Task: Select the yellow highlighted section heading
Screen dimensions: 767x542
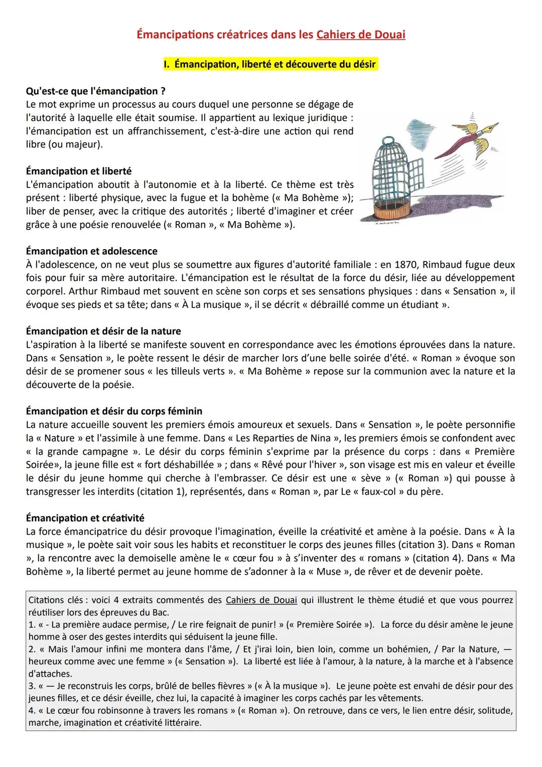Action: pos(269,64)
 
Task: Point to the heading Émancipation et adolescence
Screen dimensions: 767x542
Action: pos(91,251)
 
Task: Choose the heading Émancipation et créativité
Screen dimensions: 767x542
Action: pos(85,518)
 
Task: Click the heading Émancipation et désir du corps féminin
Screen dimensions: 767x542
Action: pos(114,411)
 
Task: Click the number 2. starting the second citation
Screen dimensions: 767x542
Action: pos(32,649)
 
